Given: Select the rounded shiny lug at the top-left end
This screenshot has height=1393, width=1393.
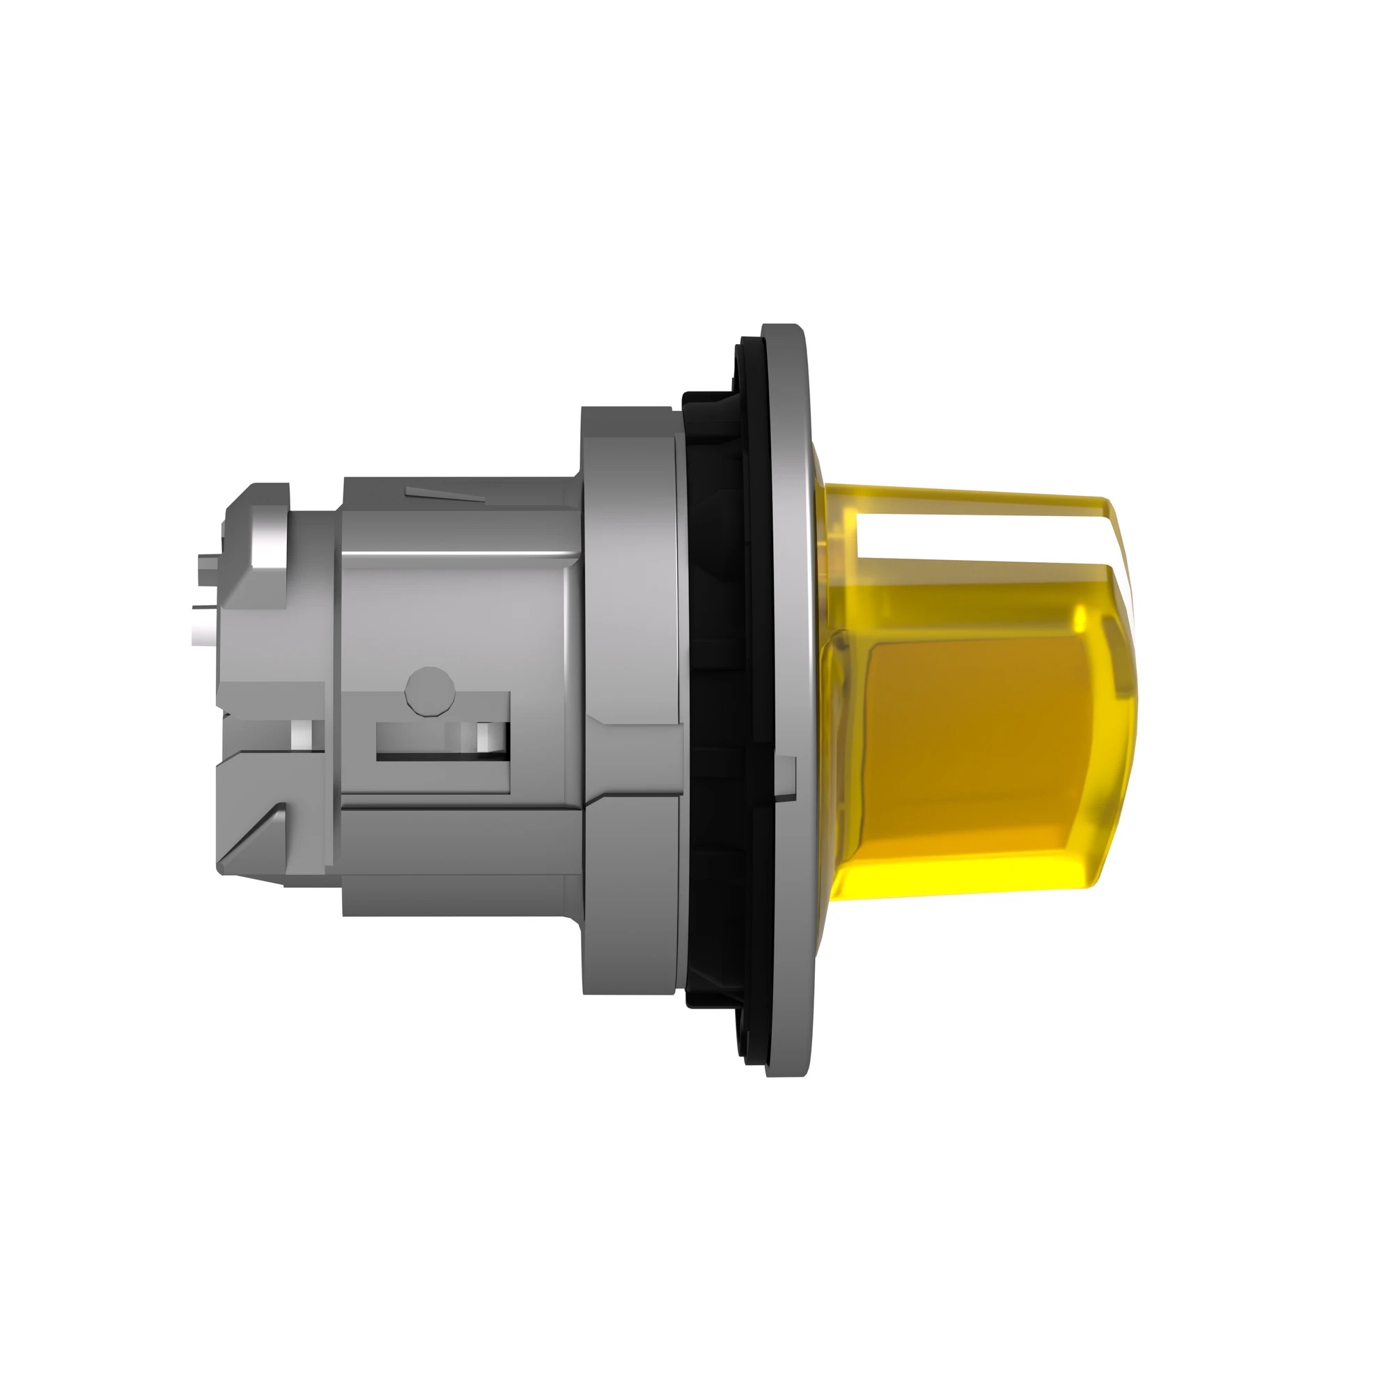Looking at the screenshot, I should [x=263, y=530].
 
